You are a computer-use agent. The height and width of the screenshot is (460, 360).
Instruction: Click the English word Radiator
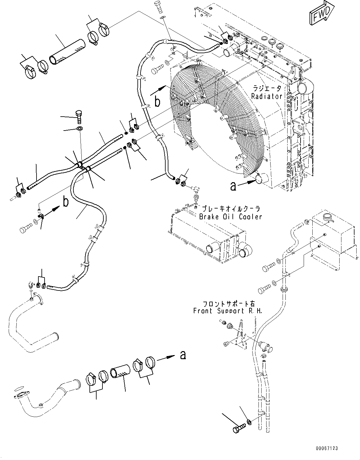coord(267,96)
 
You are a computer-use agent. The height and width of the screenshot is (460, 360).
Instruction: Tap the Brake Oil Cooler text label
coord(230,217)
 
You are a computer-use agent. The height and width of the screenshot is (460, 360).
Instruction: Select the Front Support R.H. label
coord(228,311)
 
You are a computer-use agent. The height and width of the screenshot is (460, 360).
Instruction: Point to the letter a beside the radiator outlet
coord(233,186)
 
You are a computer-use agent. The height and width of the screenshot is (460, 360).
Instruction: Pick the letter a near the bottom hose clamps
coord(183,355)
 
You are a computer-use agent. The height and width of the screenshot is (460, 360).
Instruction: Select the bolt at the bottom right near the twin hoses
coord(237,429)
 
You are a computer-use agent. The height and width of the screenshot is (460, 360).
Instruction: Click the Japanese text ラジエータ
coord(267,88)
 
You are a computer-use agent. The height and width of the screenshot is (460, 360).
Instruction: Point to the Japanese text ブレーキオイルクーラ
coord(231,209)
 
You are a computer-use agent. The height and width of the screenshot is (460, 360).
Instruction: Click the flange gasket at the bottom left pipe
coord(18,388)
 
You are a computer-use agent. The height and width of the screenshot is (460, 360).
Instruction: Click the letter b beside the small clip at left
coord(66,202)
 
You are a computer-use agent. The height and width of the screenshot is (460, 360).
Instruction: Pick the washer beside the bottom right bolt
coord(249,422)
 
